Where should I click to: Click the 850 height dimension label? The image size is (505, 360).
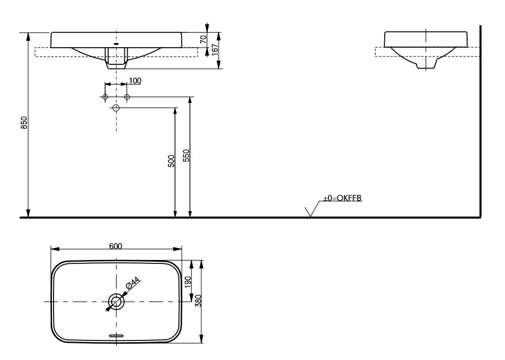24,122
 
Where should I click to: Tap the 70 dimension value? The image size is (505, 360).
203,39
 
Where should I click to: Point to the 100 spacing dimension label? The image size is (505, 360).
135,81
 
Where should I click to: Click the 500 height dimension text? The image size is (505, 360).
171,160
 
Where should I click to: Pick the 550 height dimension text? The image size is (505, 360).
186,155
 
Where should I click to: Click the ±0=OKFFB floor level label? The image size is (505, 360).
342,198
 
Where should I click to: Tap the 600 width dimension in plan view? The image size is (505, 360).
116,246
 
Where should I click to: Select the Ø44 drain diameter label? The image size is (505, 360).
132,284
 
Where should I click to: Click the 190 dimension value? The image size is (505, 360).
188,282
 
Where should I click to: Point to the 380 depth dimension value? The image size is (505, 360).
198,300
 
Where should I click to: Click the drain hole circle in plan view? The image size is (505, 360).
116,301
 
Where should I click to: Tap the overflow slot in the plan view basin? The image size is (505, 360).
116,335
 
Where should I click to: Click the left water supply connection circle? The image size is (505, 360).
105,97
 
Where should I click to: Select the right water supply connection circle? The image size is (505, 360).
127,97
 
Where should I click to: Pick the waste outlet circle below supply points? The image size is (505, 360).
116,108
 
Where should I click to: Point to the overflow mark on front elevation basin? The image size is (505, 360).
116,43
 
